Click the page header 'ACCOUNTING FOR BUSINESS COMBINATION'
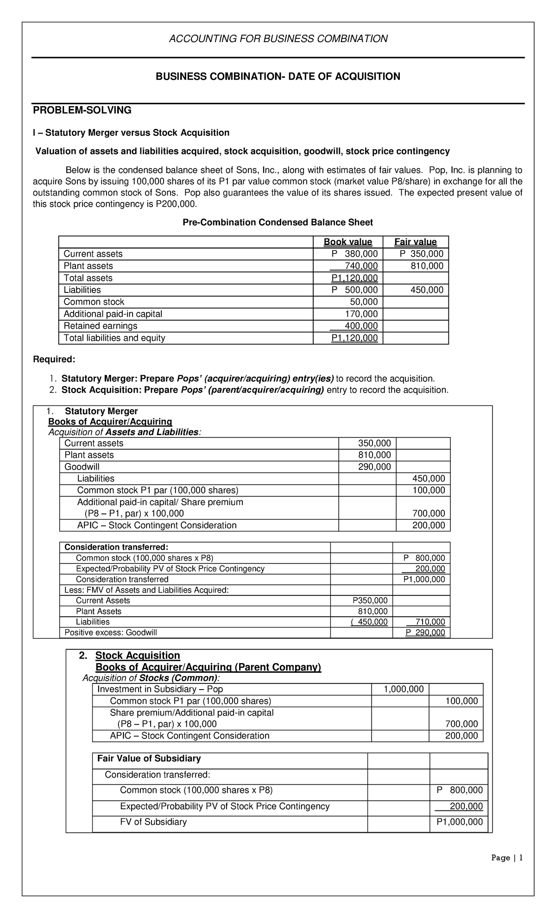coord(278,38)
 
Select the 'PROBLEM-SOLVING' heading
coord(82,110)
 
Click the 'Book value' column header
coord(347,242)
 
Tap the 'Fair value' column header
coord(415,242)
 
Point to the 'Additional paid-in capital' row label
coord(113,314)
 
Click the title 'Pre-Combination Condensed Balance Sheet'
coord(278,222)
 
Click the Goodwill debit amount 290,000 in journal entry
coord(374,467)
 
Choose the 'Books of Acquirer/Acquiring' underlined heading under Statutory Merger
coord(110,421)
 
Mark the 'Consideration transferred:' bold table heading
coord(116,547)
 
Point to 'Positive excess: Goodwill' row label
coord(111,633)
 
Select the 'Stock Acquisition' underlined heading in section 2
coord(137,655)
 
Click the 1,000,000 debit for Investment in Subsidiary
coord(403,689)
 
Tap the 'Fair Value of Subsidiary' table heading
coord(149,758)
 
